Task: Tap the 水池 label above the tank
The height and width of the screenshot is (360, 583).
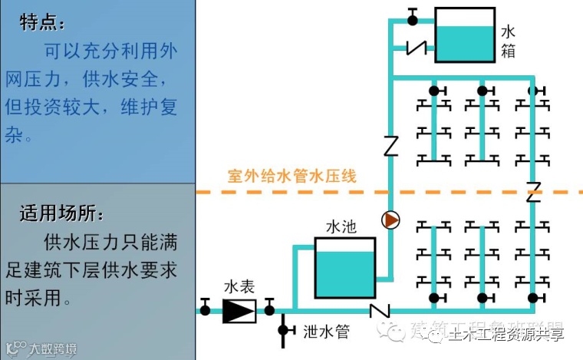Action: tap(341, 227)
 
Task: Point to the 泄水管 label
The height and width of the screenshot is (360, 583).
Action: tap(326, 332)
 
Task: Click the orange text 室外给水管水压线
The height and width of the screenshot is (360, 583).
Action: tap(292, 176)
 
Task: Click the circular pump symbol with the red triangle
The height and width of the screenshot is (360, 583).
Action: tap(391, 220)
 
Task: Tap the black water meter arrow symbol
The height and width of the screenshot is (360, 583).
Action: tap(239, 310)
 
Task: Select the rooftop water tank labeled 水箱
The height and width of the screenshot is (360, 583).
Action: tap(464, 35)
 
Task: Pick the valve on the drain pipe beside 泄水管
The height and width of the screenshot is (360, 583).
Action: tap(283, 330)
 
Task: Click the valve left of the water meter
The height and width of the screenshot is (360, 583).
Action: tap(206, 310)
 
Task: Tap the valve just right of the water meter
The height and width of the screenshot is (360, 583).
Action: tap(269, 310)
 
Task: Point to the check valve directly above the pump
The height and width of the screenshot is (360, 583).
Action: tap(391, 144)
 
